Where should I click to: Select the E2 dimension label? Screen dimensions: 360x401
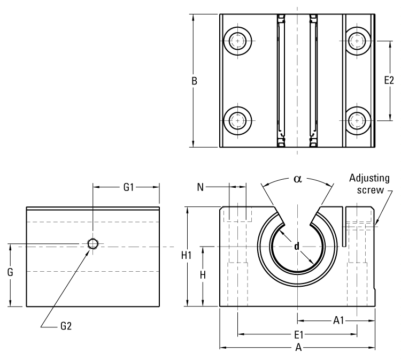389,80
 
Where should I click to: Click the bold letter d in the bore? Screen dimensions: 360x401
297,247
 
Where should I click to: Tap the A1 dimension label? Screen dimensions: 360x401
338,320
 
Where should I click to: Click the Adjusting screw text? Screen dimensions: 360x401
369,183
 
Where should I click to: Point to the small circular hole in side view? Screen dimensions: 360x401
93,244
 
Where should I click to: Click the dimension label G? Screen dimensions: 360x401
11,272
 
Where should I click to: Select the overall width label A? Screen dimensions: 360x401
299,348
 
